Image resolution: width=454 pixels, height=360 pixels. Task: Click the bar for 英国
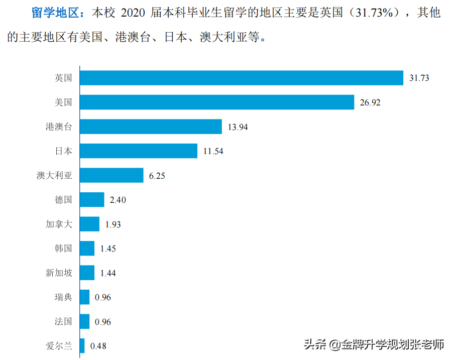242,78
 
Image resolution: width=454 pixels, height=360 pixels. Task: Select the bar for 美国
217,102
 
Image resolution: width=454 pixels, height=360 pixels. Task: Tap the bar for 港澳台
151,127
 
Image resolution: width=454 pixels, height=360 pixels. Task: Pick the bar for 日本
139,151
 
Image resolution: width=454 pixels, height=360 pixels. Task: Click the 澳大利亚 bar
111,175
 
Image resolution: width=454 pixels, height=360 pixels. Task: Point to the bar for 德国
92,200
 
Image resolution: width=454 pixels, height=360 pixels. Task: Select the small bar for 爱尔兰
82,345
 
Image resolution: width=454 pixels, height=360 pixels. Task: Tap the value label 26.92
370,103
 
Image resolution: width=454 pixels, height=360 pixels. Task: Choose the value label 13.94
238,127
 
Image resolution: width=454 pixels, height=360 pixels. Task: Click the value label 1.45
108,249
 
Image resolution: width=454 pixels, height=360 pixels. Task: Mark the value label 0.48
98,346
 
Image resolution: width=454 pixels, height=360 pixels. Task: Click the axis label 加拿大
59,224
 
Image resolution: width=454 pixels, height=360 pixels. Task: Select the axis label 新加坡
59,273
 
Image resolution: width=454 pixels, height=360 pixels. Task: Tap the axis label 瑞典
63,297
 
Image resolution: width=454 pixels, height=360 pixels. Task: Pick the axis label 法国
63,321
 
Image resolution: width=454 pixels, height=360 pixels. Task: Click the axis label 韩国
63,249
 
